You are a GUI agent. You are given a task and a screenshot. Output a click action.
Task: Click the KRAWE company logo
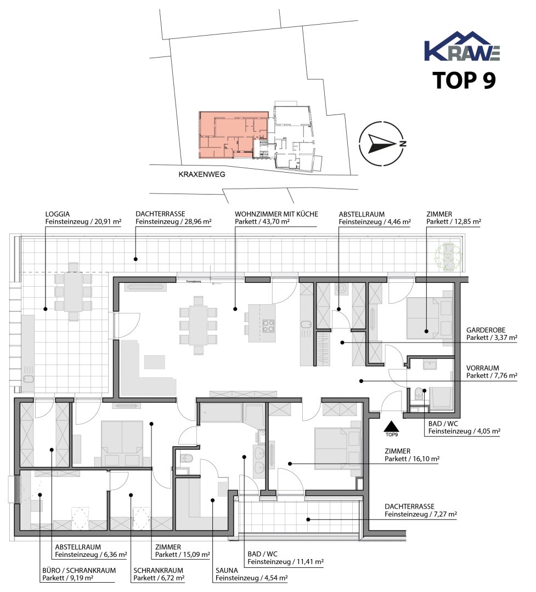[x=462, y=46]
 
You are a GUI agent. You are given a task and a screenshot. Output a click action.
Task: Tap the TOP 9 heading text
[x=464, y=80]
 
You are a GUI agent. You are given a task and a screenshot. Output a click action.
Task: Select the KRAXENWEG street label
[x=202, y=174]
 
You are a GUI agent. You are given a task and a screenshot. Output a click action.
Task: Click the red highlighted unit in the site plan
[x=233, y=135]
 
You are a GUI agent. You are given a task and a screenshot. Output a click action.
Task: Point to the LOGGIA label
[x=58, y=214]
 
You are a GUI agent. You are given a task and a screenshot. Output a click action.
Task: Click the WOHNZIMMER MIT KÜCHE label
[x=277, y=214]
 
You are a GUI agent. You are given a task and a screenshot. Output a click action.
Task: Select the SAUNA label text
[x=227, y=571]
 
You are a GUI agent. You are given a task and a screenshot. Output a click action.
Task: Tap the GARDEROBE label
[x=486, y=330]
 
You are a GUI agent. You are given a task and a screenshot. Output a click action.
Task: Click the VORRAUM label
[x=482, y=368]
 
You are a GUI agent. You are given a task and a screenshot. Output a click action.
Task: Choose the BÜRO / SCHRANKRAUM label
[x=79, y=571]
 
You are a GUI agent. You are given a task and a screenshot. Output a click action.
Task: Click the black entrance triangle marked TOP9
[x=392, y=426]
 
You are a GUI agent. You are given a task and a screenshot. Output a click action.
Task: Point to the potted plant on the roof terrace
[x=448, y=257]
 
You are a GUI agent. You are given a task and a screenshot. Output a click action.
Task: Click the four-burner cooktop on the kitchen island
[x=268, y=326]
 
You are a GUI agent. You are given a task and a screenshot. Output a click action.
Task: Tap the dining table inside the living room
[x=198, y=325]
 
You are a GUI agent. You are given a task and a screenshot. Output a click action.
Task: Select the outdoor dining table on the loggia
[x=74, y=291]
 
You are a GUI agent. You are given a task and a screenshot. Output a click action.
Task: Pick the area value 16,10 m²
[x=425, y=459]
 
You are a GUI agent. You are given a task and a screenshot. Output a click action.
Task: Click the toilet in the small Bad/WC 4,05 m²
[x=418, y=394]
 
